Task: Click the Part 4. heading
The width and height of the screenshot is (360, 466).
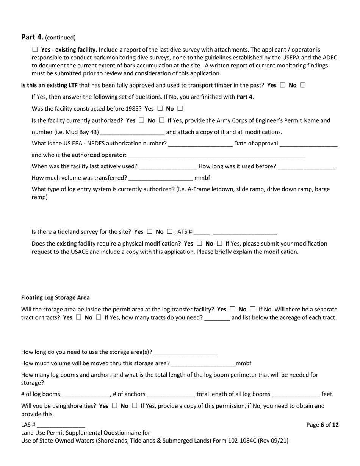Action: click(x=32, y=37)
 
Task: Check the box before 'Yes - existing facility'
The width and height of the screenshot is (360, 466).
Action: click(x=35, y=49)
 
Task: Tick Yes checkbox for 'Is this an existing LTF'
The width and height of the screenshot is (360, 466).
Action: click(x=283, y=85)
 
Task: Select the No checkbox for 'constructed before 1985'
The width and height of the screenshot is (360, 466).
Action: click(x=180, y=109)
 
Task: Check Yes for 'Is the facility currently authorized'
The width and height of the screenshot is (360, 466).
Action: click(x=141, y=120)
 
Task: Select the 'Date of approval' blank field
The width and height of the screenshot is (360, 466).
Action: click(x=308, y=144)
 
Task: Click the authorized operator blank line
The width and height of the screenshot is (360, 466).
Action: click(x=216, y=155)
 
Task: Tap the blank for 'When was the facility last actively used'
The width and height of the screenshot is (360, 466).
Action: click(x=168, y=167)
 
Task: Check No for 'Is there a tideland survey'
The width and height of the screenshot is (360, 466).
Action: click(x=170, y=231)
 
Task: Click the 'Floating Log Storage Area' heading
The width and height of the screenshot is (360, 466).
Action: click(x=55, y=297)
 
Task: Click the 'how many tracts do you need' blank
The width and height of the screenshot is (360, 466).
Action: click(x=217, y=318)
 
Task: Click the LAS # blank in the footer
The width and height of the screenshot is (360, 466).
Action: click(x=61, y=425)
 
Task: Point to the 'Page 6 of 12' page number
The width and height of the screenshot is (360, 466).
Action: click(x=322, y=425)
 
